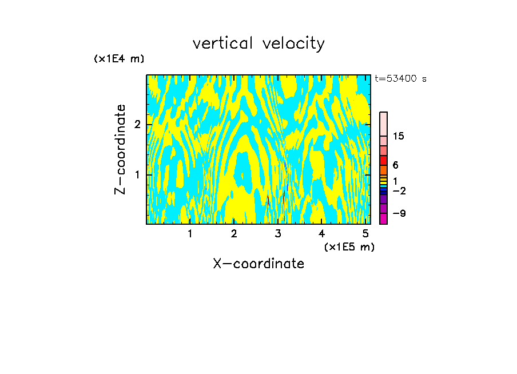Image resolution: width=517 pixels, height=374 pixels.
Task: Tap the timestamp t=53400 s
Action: click(x=400, y=79)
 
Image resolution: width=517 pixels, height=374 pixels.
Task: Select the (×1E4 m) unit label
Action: click(x=119, y=59)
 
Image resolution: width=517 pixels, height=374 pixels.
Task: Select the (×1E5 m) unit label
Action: click(x=349, y=246)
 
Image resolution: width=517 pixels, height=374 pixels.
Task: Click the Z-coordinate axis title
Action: click(x=120, y=149)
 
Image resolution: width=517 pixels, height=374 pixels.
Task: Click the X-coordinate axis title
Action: click(x=258, y=264)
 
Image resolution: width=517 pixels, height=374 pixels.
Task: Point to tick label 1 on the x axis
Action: click(x=190, y=233)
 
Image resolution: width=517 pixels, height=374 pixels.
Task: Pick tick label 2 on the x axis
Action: click(x=234, y=233)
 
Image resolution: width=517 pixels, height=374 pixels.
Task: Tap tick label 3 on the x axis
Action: click(x=278, y=233)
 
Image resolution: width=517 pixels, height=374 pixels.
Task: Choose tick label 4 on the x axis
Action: click(x=321, y=233)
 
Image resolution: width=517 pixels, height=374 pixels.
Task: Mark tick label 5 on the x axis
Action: click(x=365, y=233)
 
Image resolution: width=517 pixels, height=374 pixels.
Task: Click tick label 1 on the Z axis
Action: click(x=137, y=174)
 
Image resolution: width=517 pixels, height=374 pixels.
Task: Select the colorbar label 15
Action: click(x=399, y=136)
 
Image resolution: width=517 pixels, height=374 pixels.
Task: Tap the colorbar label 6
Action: click(x=395, y=165)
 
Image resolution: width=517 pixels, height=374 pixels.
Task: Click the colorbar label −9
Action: click(x=399, y=213)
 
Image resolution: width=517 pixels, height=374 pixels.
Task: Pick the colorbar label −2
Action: click(x=399, y=190)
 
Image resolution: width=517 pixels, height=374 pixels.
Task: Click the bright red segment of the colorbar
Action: click(x=383, y=160)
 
